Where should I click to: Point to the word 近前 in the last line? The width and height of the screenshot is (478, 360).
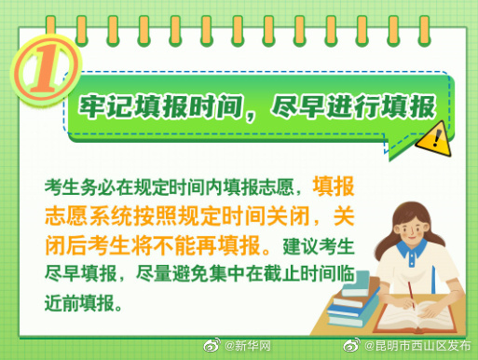[64, 304]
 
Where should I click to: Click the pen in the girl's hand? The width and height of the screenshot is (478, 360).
[409, 295]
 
